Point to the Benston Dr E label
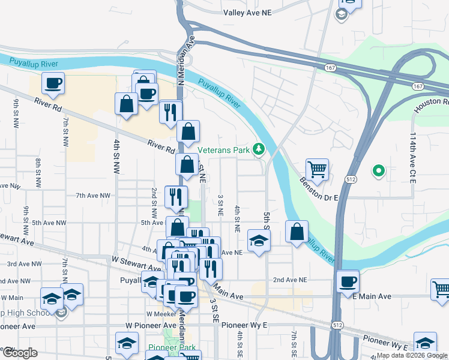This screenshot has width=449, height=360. pos(320,181)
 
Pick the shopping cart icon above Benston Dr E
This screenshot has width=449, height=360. pos(317,169)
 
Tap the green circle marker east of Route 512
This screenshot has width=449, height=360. pos(378,172)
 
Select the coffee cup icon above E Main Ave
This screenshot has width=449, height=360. pos(348,281)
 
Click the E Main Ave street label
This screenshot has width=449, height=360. pos(372,296)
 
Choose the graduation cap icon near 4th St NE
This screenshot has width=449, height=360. pos(259,240)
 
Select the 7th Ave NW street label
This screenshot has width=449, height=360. pos(93,196)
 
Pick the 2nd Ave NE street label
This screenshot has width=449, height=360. pos(290,280)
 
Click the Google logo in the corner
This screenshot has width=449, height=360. pos(19,353)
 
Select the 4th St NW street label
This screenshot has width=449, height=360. pos(117,157)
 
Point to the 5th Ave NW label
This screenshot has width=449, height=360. pos(49,223)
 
